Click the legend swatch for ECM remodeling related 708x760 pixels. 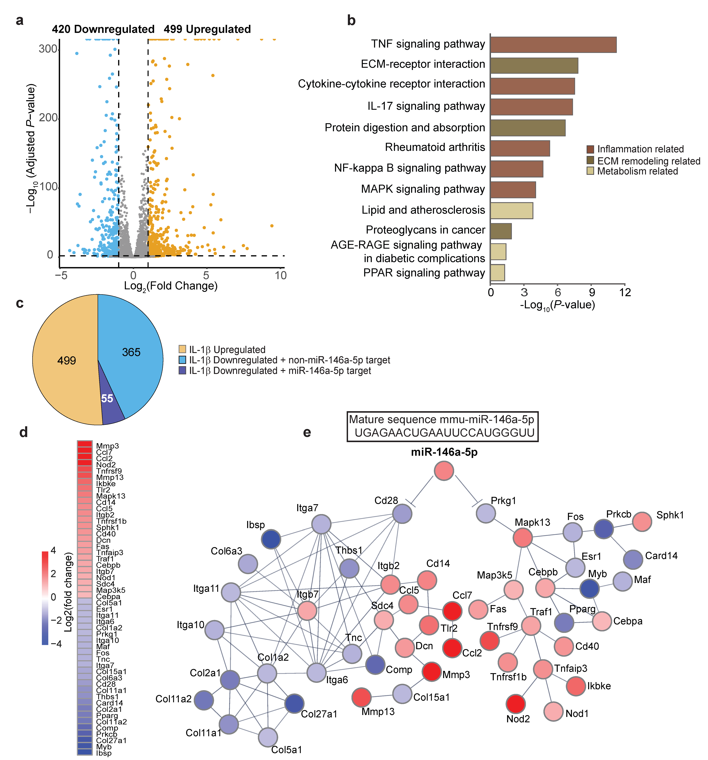(590, 160)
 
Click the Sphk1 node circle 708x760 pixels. (642, 522)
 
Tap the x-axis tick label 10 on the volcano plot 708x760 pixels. (281, 275)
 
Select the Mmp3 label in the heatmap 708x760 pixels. (107, 446)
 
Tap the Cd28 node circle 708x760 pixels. (402, 513)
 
